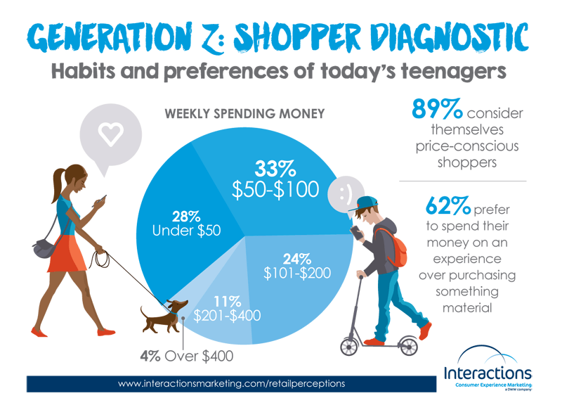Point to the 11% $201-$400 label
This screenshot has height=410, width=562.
227,309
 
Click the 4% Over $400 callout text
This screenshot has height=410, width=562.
186,356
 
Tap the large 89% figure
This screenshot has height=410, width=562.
437,109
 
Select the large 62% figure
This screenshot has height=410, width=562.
448,205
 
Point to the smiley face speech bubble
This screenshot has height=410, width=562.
346,196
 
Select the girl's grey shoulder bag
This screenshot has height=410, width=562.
44,248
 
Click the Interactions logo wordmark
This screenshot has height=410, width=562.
488,373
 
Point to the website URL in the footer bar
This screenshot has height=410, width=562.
232,383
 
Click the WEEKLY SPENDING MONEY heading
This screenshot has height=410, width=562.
244,114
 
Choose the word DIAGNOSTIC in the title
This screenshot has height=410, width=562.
449,37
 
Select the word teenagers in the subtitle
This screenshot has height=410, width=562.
453,71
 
